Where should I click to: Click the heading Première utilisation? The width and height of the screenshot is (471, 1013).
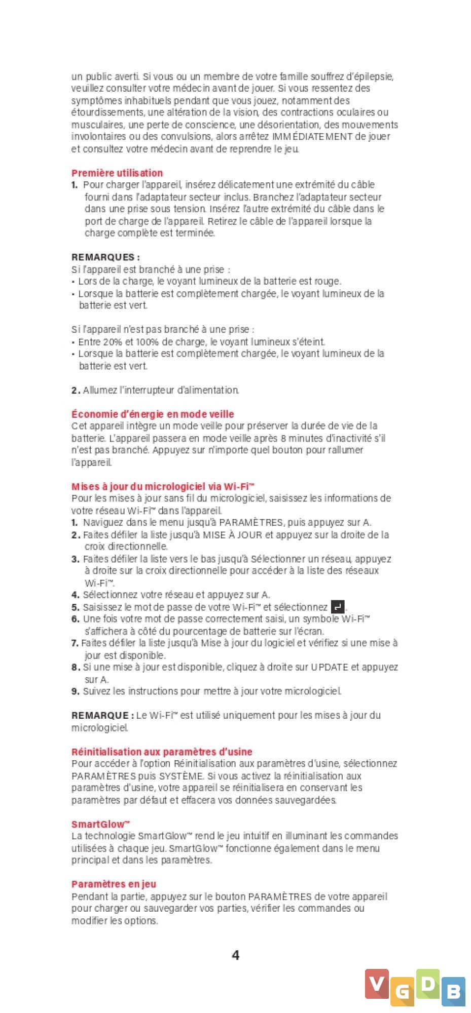point(117,173)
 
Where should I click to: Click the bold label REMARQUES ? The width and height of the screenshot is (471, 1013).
point(105,257)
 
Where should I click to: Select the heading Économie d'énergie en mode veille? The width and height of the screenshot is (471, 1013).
point(153,414)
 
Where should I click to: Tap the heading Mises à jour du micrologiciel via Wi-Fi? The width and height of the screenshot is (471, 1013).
point(162,487)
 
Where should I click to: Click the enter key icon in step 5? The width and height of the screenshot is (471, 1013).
point(338,606)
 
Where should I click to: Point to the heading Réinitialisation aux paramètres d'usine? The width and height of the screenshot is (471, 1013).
point(162,752)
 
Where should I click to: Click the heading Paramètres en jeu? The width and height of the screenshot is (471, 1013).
point(114,884)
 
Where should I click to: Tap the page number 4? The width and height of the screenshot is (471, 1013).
point(235,955)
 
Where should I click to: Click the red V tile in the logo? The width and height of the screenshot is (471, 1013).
point(377,984)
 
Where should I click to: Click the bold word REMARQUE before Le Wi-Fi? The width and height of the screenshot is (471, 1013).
point(100,715)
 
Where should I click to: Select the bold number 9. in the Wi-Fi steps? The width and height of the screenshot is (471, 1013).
point(76,691)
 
